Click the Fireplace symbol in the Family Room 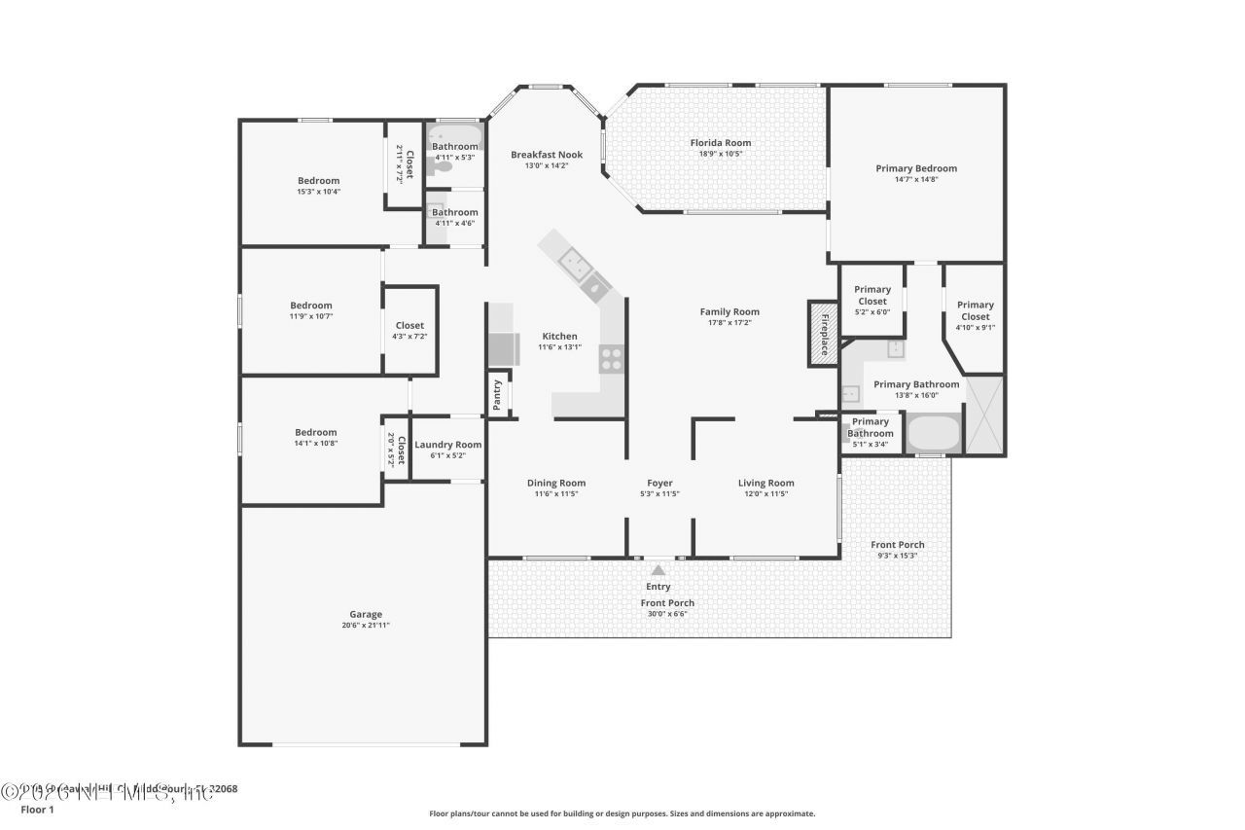click(823, 334)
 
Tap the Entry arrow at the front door click(658, 571)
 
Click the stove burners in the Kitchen click(611, 359)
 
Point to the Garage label click(366, 614)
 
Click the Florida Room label click(720, 143)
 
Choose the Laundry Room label click(447, 445)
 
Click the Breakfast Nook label click(547, 154)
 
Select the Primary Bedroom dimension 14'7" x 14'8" click(916, 179)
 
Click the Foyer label click(659, 483)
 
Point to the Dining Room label click(556, 483)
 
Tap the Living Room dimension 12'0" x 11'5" click(765, 494)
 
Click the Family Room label click(729, 311)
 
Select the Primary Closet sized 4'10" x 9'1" click(975, 310)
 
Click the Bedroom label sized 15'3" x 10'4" click(318, 180)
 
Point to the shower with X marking click(984, 415)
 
